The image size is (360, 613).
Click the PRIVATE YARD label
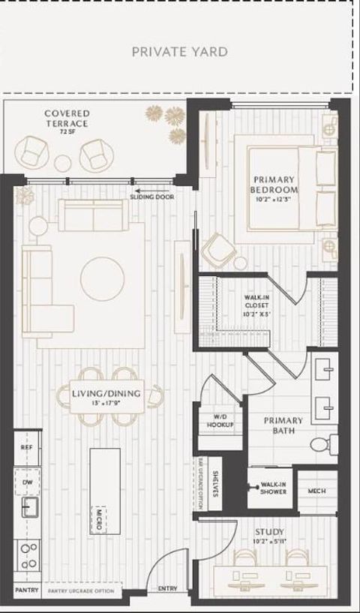[x=179, y=52]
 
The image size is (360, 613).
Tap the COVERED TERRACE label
[x=67, y=119]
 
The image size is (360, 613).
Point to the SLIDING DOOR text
[x=152, y=197]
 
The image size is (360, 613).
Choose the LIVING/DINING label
[x=103, y=395]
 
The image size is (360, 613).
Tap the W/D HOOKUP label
[x=220, y=421]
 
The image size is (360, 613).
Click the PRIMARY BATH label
[x=283, y=425]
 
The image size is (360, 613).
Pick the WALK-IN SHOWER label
[x=274, y=488]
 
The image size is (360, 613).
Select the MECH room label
[x=316, y=491]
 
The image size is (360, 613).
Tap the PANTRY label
[x=26, y=590]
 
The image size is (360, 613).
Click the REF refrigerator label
[x=27, y=447]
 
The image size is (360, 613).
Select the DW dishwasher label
[x=26, y=482]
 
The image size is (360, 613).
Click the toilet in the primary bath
[x=321, y=444]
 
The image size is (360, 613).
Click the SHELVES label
[x=215, y=484]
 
